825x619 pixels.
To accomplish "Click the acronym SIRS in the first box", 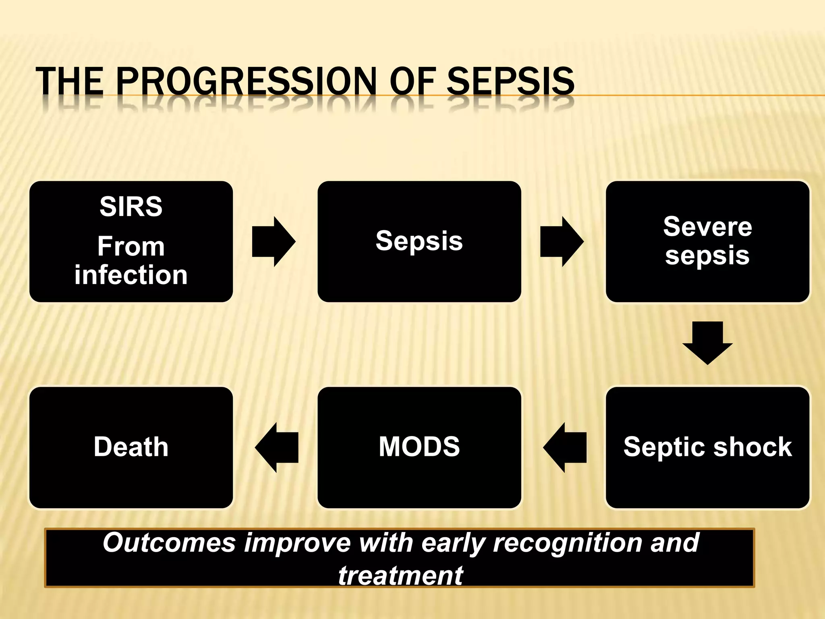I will pos(131,207).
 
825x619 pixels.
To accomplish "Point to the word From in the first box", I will pos(131,246).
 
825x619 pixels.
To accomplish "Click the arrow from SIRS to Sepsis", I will pos(274,242).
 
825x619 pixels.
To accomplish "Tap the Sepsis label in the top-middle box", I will pos(419,241).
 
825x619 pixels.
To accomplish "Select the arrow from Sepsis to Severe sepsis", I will pos(562,242).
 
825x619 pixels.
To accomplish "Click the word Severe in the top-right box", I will pos(707,226).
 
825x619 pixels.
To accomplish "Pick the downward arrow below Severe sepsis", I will pos(707,343).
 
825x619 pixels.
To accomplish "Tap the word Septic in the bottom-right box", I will pos(665,447).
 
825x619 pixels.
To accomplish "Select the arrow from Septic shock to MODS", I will pos(565,448).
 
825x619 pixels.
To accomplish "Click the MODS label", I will pos(419,447).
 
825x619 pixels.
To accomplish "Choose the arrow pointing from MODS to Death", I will pos(277,448).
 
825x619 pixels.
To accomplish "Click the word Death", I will pos(131,447).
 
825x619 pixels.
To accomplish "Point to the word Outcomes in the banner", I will pos(169,542).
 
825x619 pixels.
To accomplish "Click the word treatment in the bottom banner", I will pos(400,575).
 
